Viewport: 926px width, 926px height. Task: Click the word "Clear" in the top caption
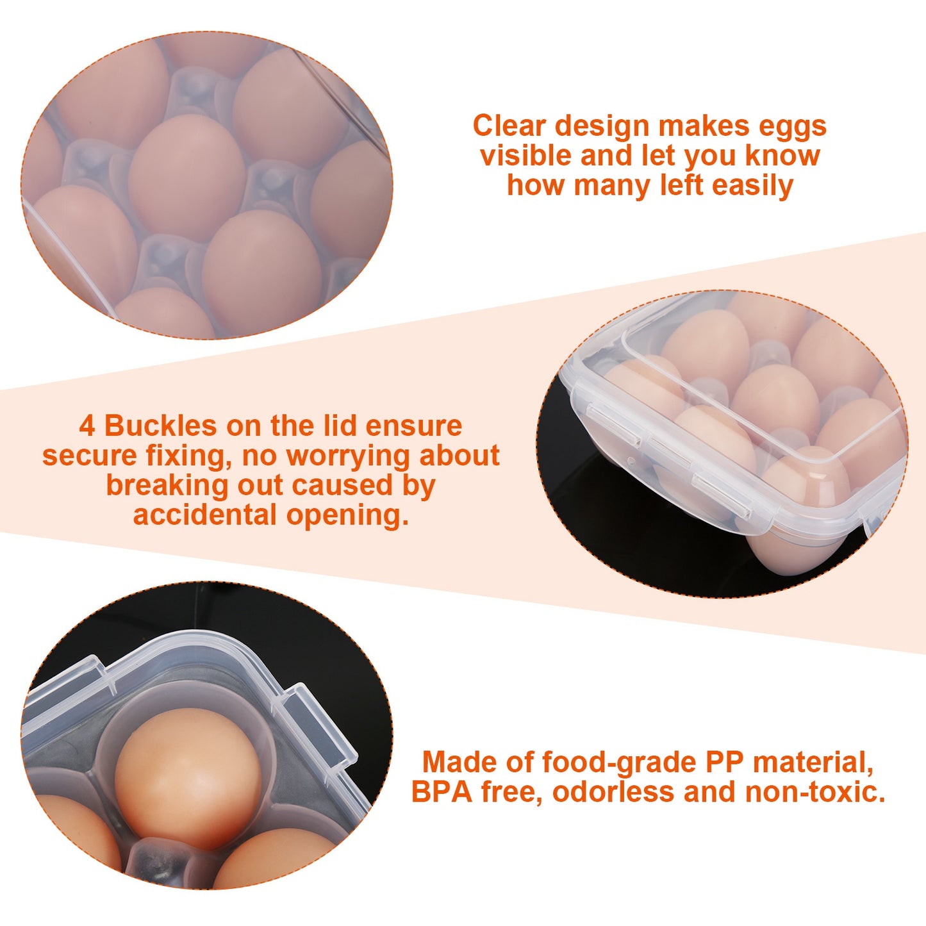[509, 126]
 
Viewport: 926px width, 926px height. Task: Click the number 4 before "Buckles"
[87, 426]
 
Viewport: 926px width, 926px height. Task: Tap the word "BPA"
[442, 792]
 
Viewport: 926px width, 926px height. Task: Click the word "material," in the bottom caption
[813, 763]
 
